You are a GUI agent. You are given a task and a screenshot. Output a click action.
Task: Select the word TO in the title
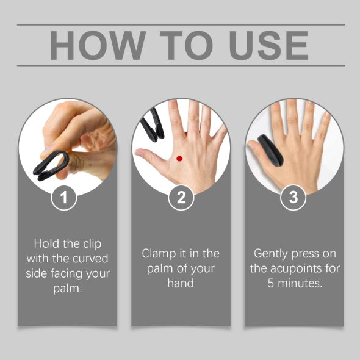[x=178, y=45]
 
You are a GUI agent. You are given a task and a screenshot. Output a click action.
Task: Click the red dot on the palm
[x=179, y=159]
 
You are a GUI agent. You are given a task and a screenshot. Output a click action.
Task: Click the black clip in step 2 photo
[x=150, y=124]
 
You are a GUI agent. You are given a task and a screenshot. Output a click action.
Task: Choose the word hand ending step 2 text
[x=181, y=283]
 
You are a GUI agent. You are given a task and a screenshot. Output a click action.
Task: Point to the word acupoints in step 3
[x=301, y=268]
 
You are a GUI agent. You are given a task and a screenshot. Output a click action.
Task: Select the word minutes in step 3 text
[x=300, y=283]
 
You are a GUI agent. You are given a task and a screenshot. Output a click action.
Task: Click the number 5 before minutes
[x=272, y=283]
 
